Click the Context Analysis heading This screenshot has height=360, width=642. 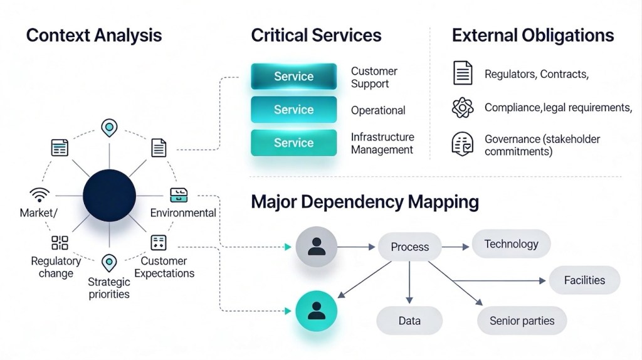coord(94,35)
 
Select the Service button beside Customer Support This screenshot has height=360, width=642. coord(293,77)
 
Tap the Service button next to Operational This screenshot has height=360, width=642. coord(293,109)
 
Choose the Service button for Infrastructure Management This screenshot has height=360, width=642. coord(293,142)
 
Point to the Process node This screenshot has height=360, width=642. coord(409,247)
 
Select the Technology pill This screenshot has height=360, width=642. coord(511,244)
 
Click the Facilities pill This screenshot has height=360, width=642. coord(584,280)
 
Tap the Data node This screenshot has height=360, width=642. coord(409,321)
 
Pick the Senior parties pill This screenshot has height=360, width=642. coord(522,321)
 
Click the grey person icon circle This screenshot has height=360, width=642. coord(317,247)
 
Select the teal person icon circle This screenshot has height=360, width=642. coord(317,311)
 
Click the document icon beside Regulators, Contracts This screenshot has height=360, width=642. coord(463,73)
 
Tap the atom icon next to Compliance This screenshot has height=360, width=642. coord(463,107)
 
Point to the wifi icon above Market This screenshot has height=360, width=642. coord(39,194)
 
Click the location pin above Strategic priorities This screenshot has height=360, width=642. coord(109,262)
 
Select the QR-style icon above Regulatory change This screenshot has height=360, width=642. coord(60,243)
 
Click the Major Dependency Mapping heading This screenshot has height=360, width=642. coord(365,202)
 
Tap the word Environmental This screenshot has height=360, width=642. coord(183,213)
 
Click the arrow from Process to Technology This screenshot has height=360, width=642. coord(455,247)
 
